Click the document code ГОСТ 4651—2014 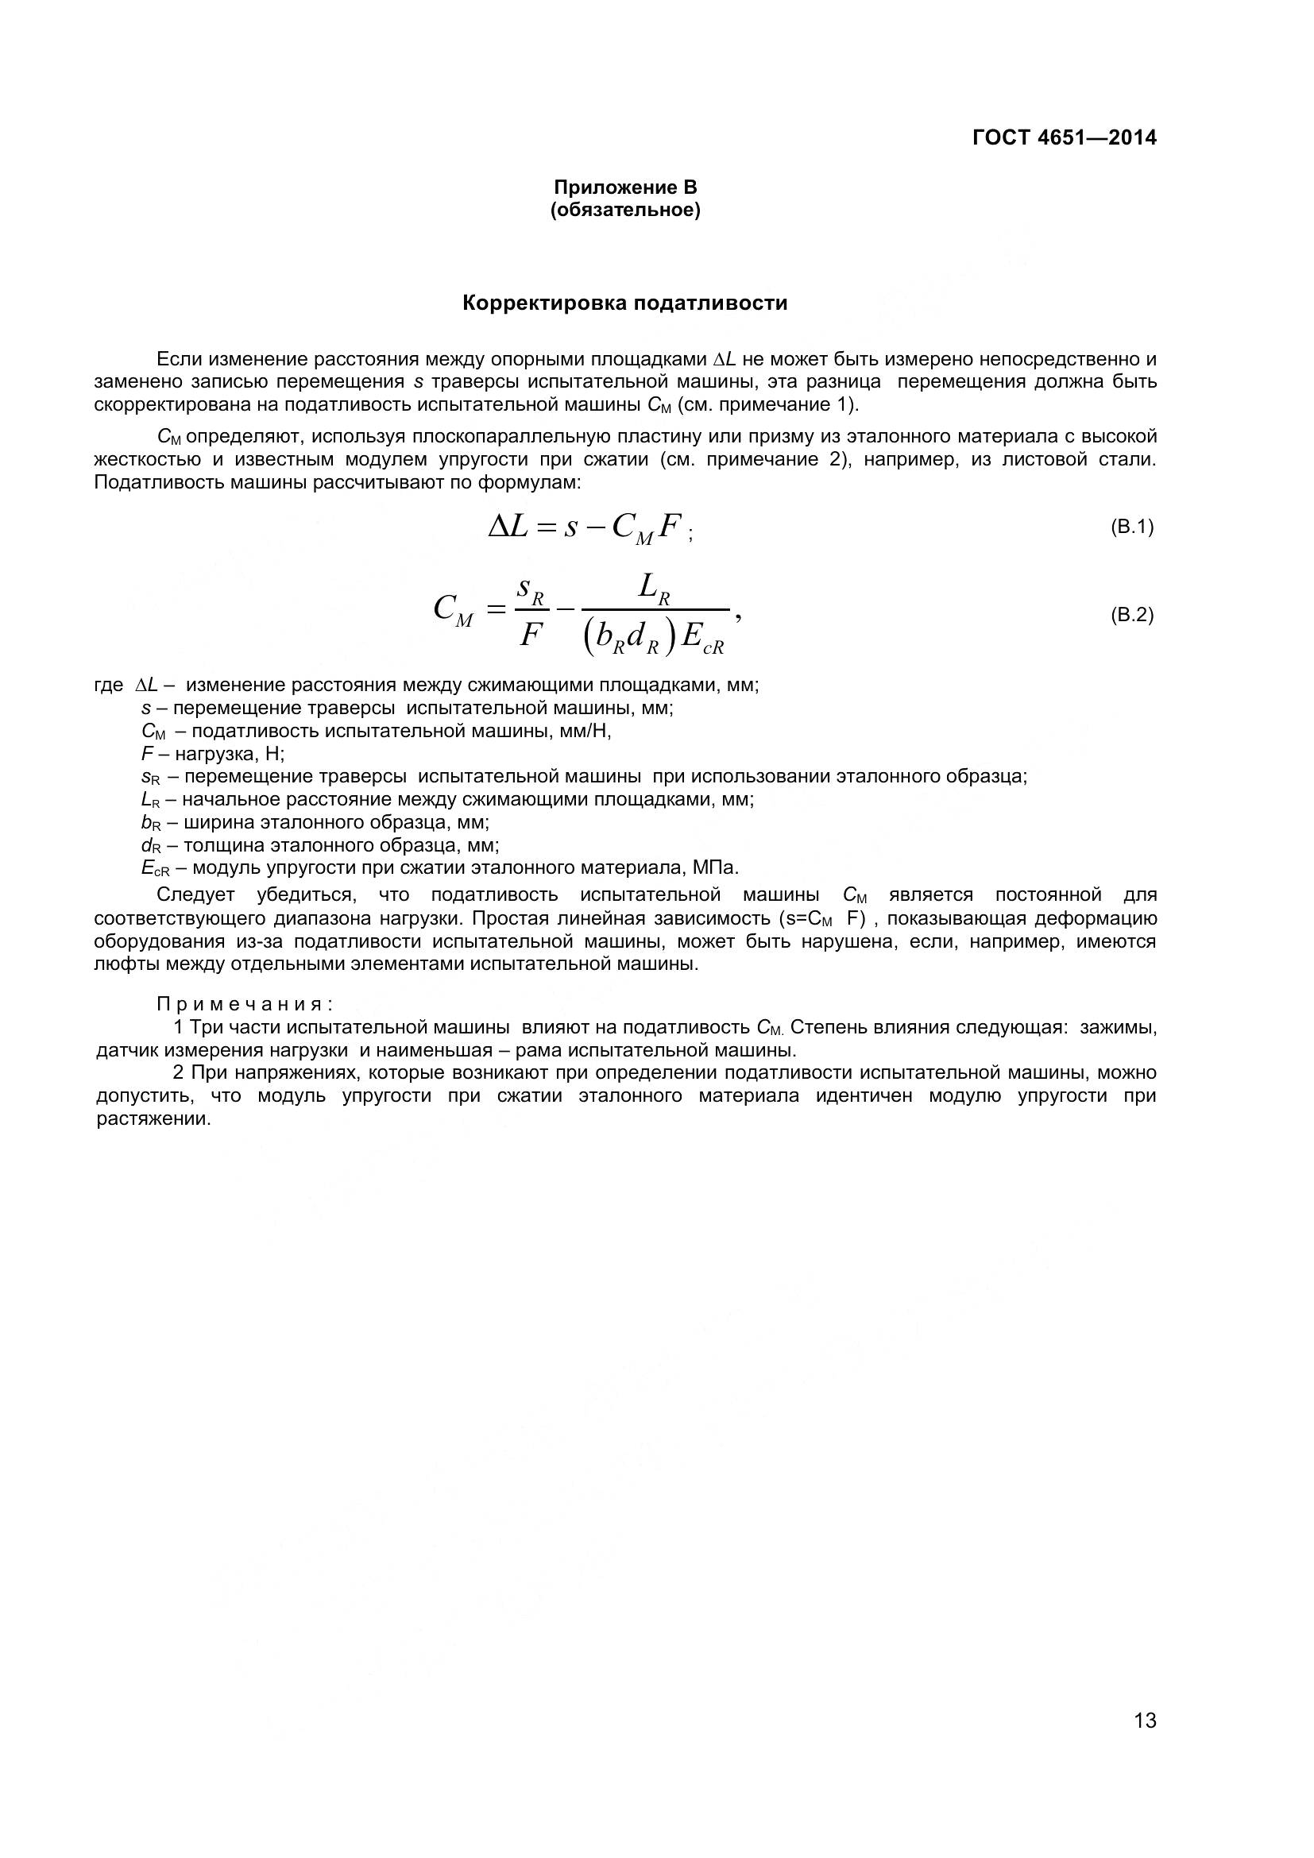tap(1063, 137)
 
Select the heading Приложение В tap(624, 187)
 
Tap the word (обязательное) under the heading tap(624, 211)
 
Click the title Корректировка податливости tap(624, 303)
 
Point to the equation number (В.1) tap(1131, 527)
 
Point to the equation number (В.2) tap(1131, 615)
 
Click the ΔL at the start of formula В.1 tap(508, 527)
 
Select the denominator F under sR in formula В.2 tap(530, 635)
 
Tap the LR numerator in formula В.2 tap(654, 588)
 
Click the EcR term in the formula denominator tap(701, 639)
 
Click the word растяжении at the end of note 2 tap(153, 1120)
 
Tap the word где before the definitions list tap(108, 686)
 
